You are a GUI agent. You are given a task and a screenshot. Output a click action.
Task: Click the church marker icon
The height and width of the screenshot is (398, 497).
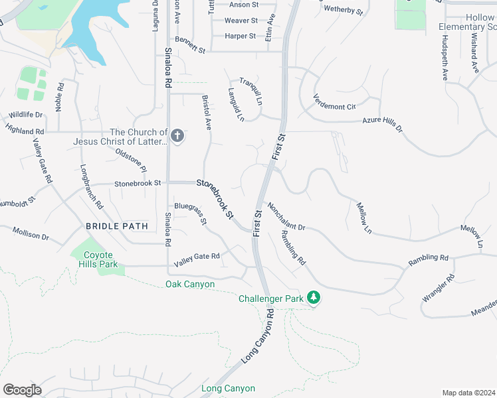click(x=177, y=137)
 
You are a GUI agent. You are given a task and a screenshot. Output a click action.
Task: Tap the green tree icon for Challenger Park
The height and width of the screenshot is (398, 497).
click(x=314, y=298)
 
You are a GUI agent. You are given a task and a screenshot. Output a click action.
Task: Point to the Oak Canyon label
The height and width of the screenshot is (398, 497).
click(x=190, y=285)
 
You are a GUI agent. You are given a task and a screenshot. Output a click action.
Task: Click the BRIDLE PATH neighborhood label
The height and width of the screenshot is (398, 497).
click(x=117, y=226)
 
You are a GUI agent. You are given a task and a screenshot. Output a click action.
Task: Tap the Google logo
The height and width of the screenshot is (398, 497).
click(x=22, y=389)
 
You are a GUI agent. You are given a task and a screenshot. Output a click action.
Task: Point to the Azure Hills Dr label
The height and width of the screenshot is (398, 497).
click(x=382, y=125)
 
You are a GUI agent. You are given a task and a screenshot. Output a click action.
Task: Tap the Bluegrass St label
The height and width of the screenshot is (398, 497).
click(x=191, y=214)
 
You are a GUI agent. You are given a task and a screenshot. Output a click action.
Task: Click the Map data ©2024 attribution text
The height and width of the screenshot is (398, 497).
click(x=468, y=393)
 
